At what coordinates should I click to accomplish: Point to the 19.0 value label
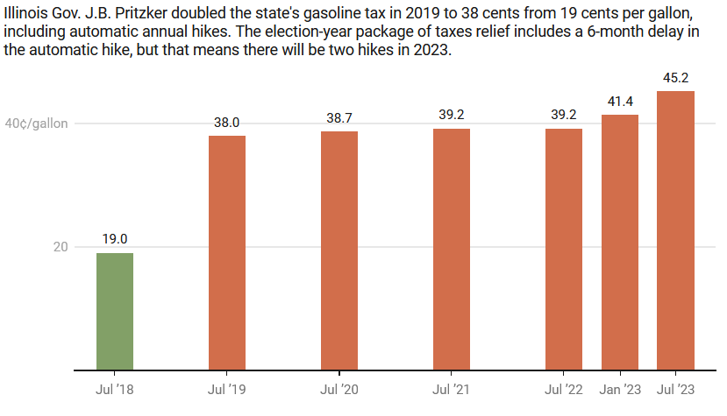pos(115,239)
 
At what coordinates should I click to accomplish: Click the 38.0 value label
pos(227,123)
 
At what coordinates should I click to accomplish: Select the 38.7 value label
pos(339,117)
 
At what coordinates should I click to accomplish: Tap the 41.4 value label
pos(620,102)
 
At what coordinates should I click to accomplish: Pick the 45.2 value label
pos(675,78)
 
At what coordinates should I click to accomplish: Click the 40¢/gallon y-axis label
pos(36,123)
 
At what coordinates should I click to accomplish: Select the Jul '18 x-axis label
pos(115,388)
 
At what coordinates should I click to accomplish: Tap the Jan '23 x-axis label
pos(620,388)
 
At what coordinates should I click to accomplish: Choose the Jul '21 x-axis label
pos(452,388)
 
